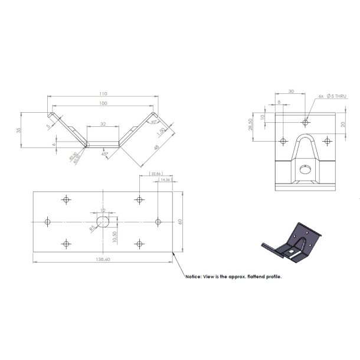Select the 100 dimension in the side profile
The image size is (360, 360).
tap(103, 104)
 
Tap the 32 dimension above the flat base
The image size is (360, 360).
tap(103, 125)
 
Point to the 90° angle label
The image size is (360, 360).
tap(153, 122)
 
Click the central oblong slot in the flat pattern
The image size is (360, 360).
tap(103, 221)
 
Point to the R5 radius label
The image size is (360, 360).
tap(92, 227)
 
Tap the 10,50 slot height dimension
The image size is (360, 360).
tap(113, 235)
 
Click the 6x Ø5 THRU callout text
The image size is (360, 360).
tap(332, 96)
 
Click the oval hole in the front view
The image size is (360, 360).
tap(305, 169)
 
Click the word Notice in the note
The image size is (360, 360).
tap(194, 276)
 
